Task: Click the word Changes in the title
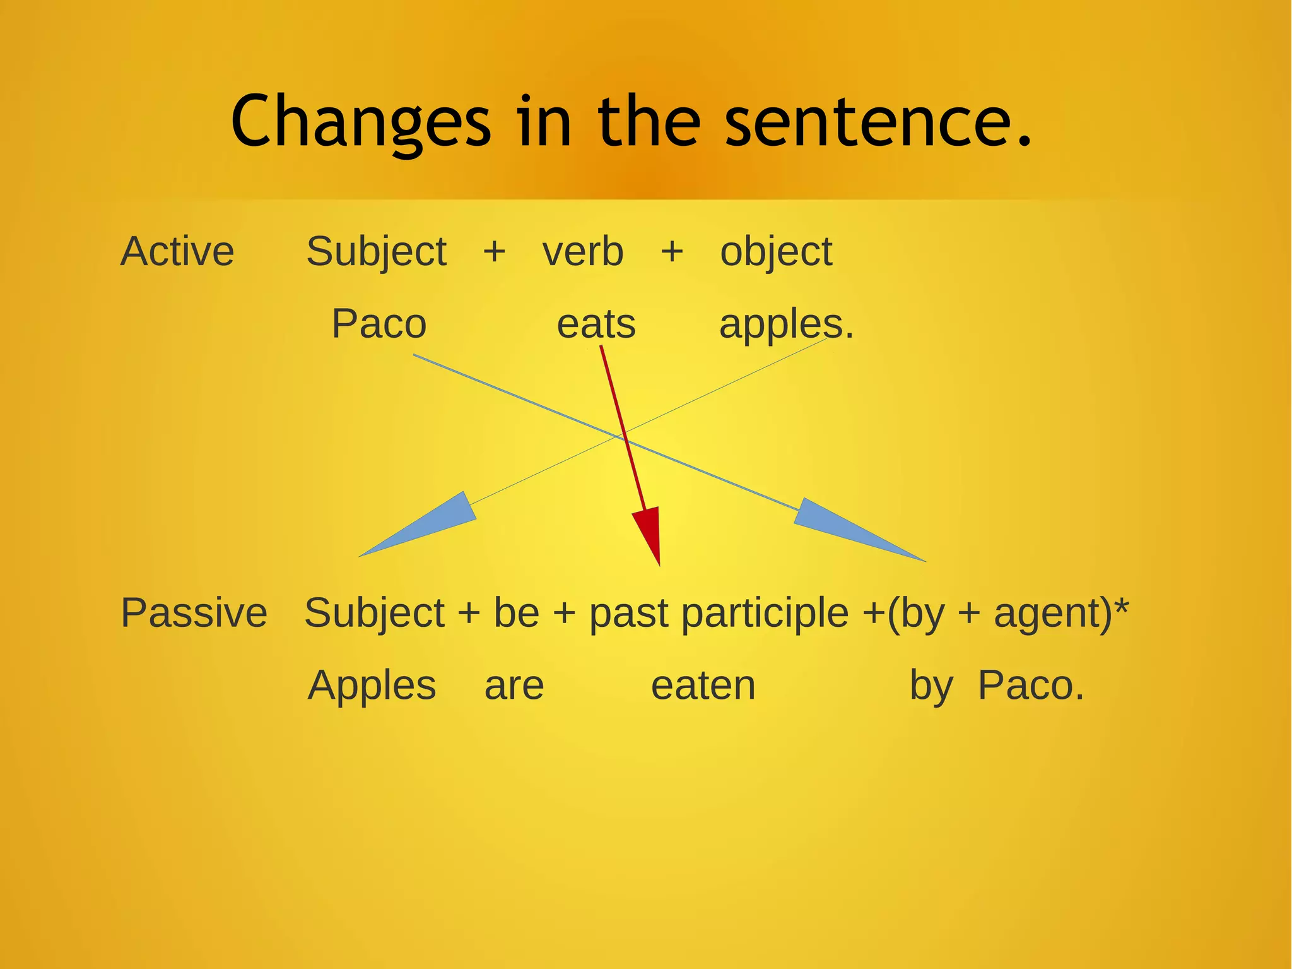(x=360, y=121)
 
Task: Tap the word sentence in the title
(x=871, y=121)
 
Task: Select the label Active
(x=177, y=251)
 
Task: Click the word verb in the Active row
(x=583, y=251)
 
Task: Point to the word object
(x=776, y=253)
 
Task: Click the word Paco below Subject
(x=379, y=324)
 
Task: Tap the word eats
(x=596, y=324)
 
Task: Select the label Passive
(x=194, y=613)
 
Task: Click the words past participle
(x=719, y=613)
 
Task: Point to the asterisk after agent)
(x=1121, y=607)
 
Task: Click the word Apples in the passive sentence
(x=372, y=686)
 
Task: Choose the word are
(x=514, y=686)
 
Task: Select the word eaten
(x=703, y=686)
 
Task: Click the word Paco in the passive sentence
(x=1029, y=686)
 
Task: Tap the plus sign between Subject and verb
(x=495, y=251)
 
